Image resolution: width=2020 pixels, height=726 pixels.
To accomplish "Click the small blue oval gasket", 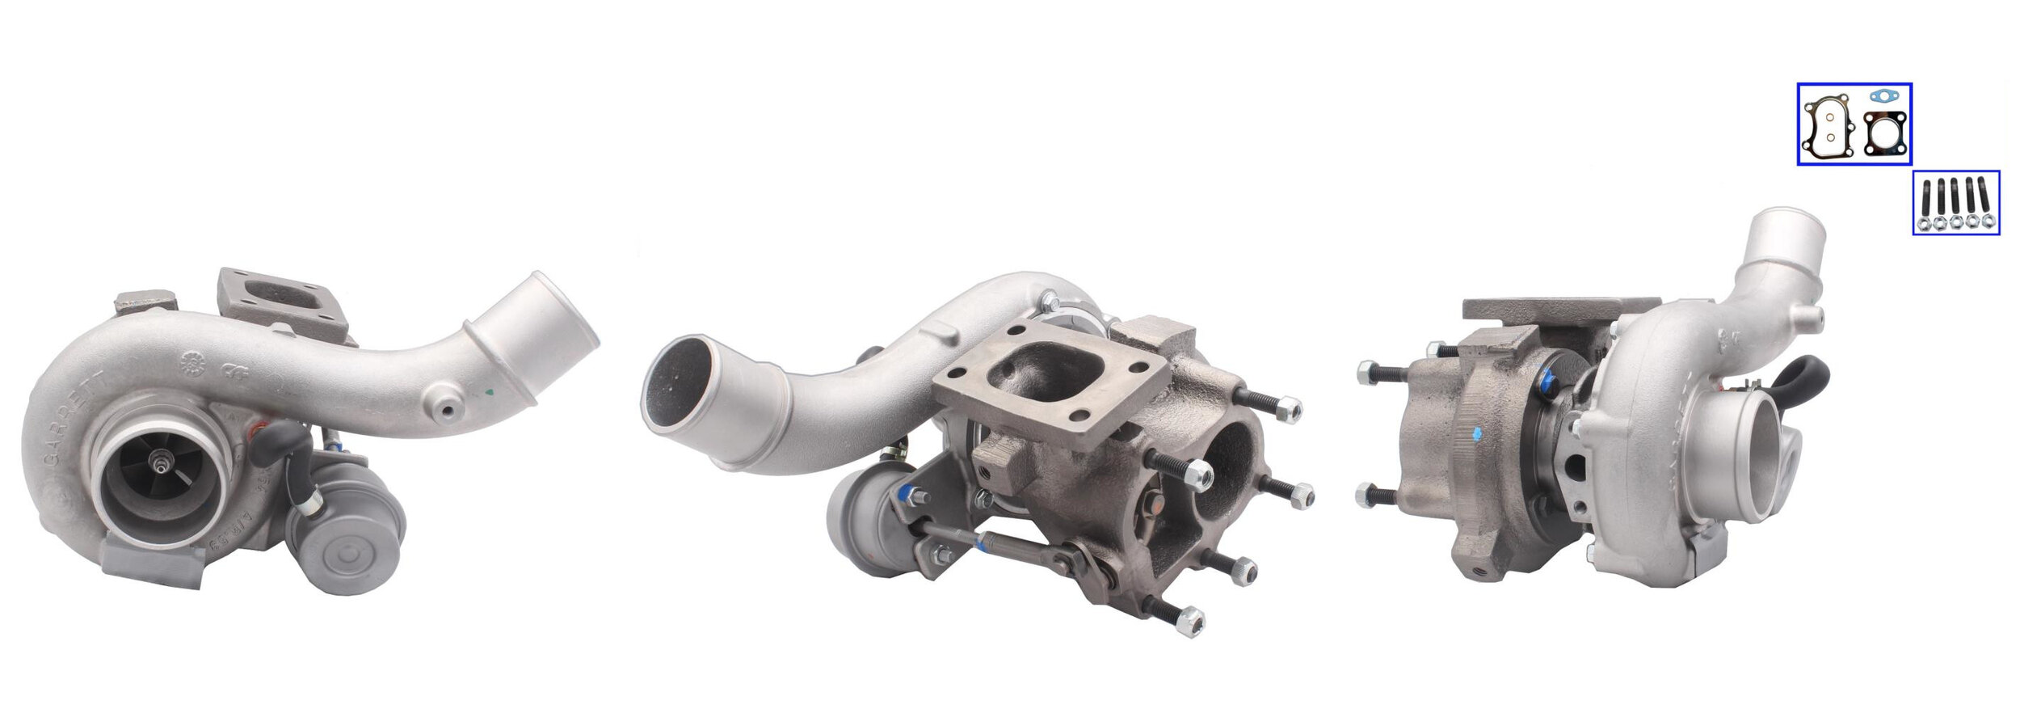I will point(1883,96).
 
